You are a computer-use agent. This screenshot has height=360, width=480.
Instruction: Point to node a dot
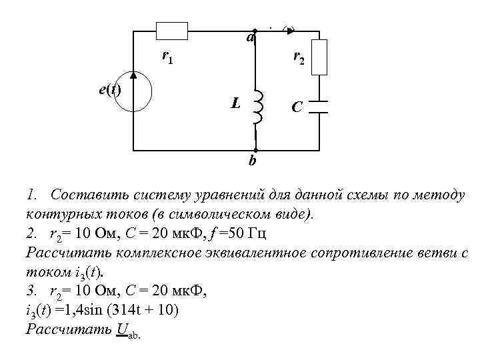pos(255,31)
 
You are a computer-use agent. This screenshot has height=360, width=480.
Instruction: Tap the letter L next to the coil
pos(235,103)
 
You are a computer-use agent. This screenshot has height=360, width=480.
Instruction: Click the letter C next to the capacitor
pos(297,107)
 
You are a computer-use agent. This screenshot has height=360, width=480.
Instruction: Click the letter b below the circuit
pos(252,161)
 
